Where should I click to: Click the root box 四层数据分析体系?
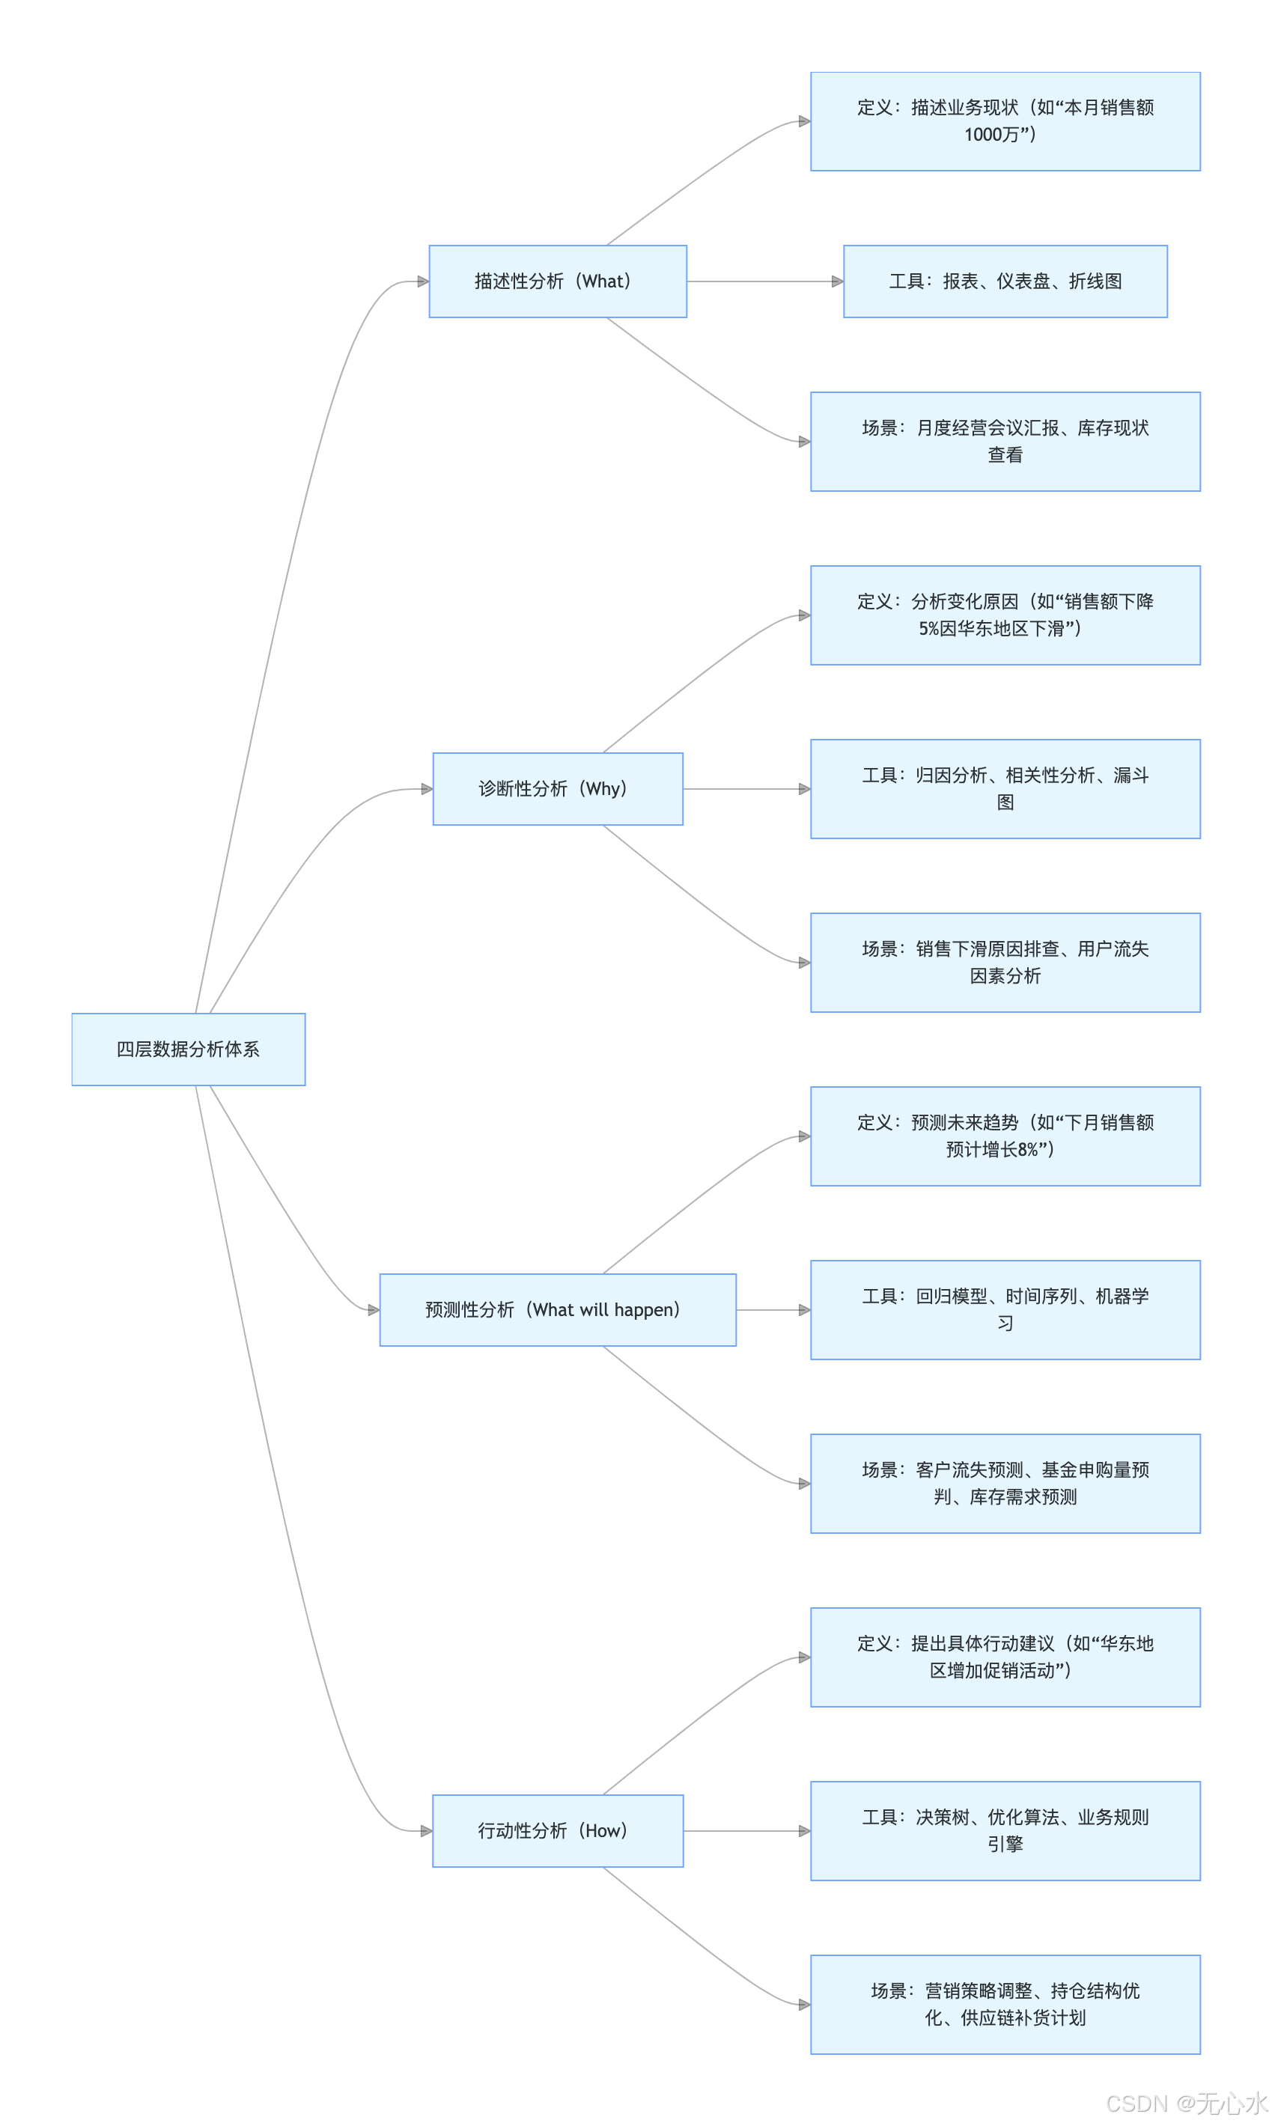click(188, 1049)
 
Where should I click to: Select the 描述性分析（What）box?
click(557, 281)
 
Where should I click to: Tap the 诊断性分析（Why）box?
click(557, 788)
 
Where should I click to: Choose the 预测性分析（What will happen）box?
click(557, 1309)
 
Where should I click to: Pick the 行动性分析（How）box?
click(557, 1830)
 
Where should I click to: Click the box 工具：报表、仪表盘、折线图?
click(1005, 281)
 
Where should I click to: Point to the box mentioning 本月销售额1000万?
click(1005, 121)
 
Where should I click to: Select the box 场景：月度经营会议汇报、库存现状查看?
click(1005, 442)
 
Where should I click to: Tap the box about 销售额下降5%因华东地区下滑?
click(1005, 615)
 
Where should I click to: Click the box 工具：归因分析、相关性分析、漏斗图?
click(1005, 788)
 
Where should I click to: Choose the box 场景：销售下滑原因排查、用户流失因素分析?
click(1005, 962)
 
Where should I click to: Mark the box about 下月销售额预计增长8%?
click(1005, 1136)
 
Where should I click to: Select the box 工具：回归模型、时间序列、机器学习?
click(1005, 1309)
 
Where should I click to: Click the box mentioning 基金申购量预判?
click(1005, 1483)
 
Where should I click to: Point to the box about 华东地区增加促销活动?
click(1005, 1657)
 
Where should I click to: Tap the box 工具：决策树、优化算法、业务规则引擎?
click(1005, 1830)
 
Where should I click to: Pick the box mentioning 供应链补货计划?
click(1005, 2004)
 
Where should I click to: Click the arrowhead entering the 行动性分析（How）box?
click(426, 1830)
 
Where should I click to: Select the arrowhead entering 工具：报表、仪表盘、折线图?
click(838, 281)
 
